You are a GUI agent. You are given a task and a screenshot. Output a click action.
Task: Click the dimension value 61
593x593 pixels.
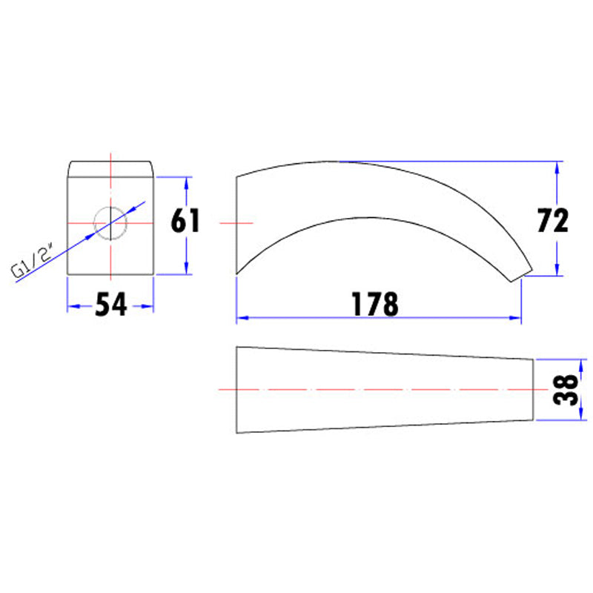click(x=185, y=221)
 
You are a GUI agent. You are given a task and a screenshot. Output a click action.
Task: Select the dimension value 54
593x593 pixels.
click(x=110, y=305)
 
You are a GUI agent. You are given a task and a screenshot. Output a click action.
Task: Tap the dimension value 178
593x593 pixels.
click(x=375, y=305)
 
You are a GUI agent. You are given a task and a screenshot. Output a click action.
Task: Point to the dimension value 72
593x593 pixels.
click(x=552, y=220)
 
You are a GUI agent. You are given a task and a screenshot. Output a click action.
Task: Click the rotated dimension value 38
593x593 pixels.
click(x=566, y=390)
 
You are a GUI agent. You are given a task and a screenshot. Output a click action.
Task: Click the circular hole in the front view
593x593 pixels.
click(x=110, y=223)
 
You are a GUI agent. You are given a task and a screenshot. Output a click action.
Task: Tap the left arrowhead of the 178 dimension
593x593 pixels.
click(x=242, y=318)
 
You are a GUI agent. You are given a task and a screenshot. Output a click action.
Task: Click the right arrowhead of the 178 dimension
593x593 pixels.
click(x=515, y=318)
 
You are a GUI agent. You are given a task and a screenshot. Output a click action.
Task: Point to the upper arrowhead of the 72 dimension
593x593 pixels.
click(x=557, y=168)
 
